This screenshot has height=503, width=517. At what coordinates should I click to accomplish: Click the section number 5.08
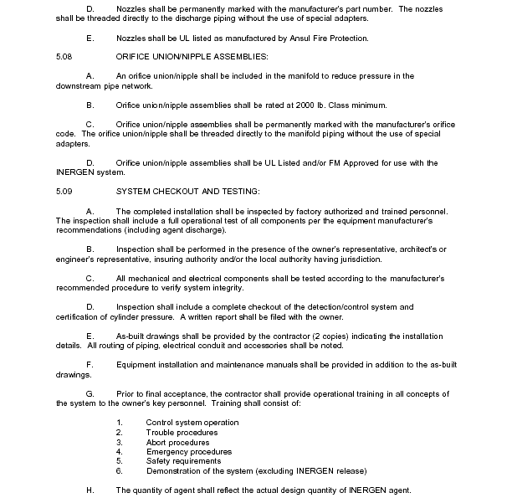64,56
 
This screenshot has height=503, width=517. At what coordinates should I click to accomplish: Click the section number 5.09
64,192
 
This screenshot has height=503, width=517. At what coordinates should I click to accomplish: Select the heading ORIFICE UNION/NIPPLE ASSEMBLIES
192,56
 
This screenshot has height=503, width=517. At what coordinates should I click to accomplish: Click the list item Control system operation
192,423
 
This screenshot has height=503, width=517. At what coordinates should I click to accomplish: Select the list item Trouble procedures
182,433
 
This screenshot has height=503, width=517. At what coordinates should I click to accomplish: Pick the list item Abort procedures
177,442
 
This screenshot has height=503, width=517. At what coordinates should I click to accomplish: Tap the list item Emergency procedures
188,452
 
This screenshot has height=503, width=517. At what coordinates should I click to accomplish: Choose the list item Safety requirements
183,461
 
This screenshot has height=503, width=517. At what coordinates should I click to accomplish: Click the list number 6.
120,470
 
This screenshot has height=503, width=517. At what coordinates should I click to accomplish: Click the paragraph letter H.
90,490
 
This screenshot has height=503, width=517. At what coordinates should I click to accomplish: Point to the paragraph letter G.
90,393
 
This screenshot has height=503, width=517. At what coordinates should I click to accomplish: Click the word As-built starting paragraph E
132,336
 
